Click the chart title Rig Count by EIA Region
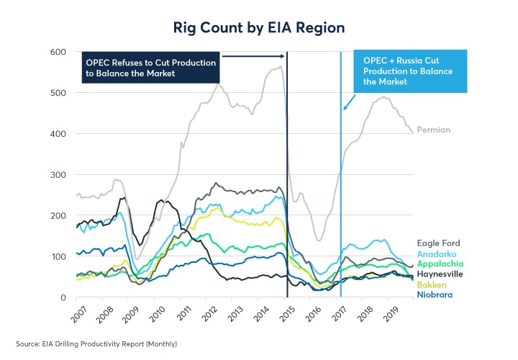coord(259,27)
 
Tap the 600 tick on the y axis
coord(58,52)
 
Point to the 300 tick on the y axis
coord(58,175)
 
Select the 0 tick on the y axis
coord(63,297)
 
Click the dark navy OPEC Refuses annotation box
coord(150,68)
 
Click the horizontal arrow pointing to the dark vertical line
coord(253,55)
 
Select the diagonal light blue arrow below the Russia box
coord(350,102)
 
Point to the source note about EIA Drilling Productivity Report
coord(96,344)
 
